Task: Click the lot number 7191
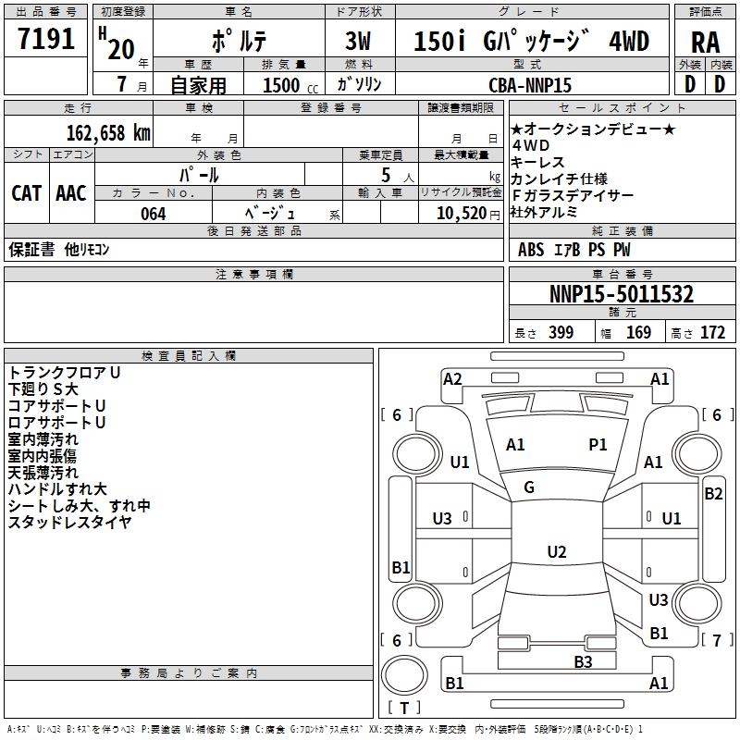coord(46,40)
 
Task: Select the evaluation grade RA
coord(705,43)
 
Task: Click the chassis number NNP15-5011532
coord(622,295)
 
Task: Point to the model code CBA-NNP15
coord(530,84)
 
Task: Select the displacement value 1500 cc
coord(283,85)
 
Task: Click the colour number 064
coord(153,214)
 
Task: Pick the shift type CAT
coord(26,193)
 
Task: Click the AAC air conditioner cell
coord(71,193)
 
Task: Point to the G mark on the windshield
coord(529,487)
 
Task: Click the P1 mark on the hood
coord(598,445)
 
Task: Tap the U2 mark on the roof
coord(556,552)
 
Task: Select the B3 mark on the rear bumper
coord(583,661)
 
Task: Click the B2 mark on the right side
coord(713,494)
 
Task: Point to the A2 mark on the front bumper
coord(452,378)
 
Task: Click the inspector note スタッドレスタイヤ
coord(69,523)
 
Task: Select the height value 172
coord(712,333)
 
